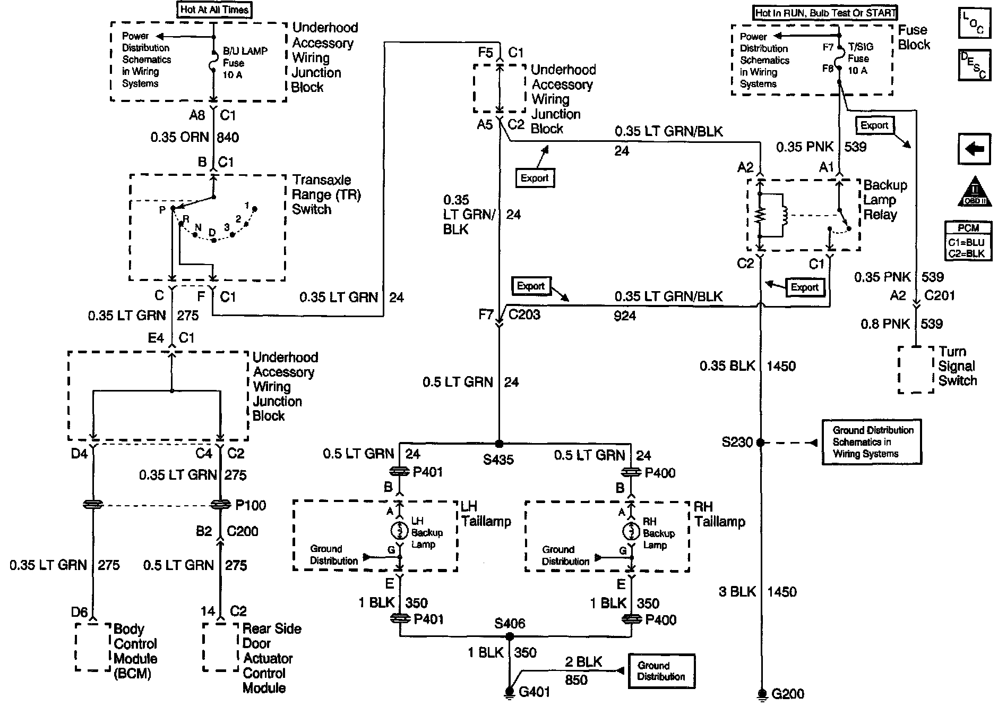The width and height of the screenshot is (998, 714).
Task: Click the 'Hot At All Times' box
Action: tap(215, 10)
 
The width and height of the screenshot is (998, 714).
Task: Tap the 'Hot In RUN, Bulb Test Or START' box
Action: tap(825, 12)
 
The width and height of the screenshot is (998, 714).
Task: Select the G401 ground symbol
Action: tap(509, 692)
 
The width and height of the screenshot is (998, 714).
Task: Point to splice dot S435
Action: tap(498, 443)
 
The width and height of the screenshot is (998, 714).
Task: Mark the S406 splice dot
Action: tap(509, 635)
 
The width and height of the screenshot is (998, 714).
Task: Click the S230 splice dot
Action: tap(760, 442)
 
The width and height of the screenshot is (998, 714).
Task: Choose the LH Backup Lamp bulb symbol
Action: tap(399, 530)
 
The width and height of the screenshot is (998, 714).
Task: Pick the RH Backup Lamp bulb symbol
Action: tap(631, 531)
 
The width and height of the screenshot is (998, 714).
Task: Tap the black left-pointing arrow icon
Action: tap(974, 149)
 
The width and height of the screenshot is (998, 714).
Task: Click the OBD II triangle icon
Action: tap(974, 192)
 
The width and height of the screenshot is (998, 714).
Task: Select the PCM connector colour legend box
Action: tap(968, 241)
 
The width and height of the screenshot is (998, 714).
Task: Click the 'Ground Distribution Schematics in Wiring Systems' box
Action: tap(872, 442)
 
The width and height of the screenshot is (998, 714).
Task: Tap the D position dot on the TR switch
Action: tap(213, 240)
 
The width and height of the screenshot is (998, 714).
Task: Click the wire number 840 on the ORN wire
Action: tap(228, 138)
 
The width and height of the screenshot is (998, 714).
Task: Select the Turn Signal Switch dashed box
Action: tap(916, 370)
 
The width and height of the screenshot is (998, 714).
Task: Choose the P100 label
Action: tap(251, 505)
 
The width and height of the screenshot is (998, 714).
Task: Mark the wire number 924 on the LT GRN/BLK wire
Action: tap(625, 316)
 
